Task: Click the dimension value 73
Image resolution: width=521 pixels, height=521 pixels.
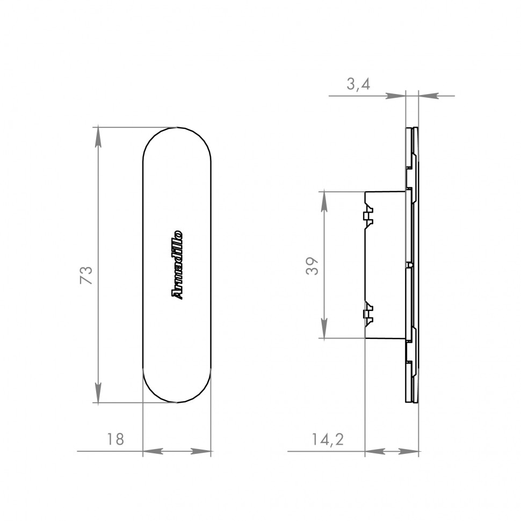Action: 86,274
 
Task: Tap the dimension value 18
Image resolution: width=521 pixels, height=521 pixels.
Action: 115,439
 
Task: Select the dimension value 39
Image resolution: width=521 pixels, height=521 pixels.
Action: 312,266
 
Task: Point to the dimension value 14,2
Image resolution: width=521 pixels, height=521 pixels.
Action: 328,439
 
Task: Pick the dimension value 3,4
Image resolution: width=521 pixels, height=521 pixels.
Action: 358,84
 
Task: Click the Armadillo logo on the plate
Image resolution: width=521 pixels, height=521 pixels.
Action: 177,265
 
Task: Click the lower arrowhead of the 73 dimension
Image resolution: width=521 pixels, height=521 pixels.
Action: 98,393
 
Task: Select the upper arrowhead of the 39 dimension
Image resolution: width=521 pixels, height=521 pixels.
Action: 324,202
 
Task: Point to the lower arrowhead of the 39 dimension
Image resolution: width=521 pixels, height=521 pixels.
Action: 324,328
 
